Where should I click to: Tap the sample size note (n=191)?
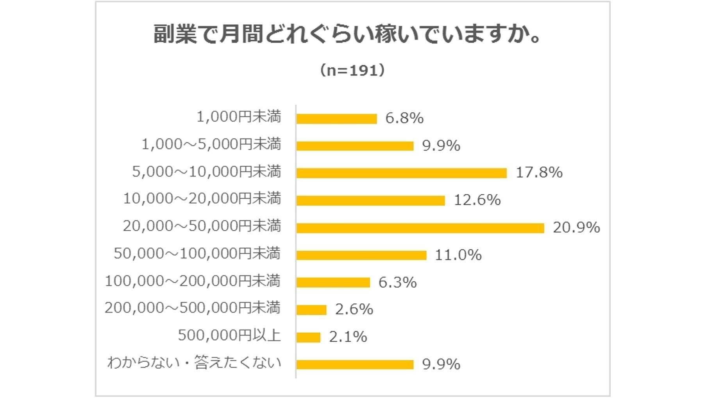click(353, 70)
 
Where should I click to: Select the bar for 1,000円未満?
click(336, 118)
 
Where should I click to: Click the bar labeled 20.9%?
click(420, 228)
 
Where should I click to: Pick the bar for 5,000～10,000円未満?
click(401, 173)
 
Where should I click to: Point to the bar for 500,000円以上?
click(308, 337)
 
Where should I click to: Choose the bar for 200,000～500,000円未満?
click(311, 310)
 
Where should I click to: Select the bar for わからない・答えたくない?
click(355, 364)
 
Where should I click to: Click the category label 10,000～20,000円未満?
click(202, 199)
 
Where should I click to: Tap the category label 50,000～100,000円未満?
click(197, 253)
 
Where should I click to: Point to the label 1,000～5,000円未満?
click(211, 144)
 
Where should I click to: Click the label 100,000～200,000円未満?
click(193, 281)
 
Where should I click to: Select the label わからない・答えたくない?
click(194, 362)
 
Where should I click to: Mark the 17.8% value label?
click(539, 172)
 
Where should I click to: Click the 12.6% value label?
click(477, 200)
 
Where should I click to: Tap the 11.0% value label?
click(458, 255)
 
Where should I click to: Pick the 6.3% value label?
click(397, 282)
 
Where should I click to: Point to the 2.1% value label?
click(348, 337)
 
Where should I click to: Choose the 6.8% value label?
click(404, 118)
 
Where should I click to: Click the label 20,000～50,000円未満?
click(202, 226)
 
